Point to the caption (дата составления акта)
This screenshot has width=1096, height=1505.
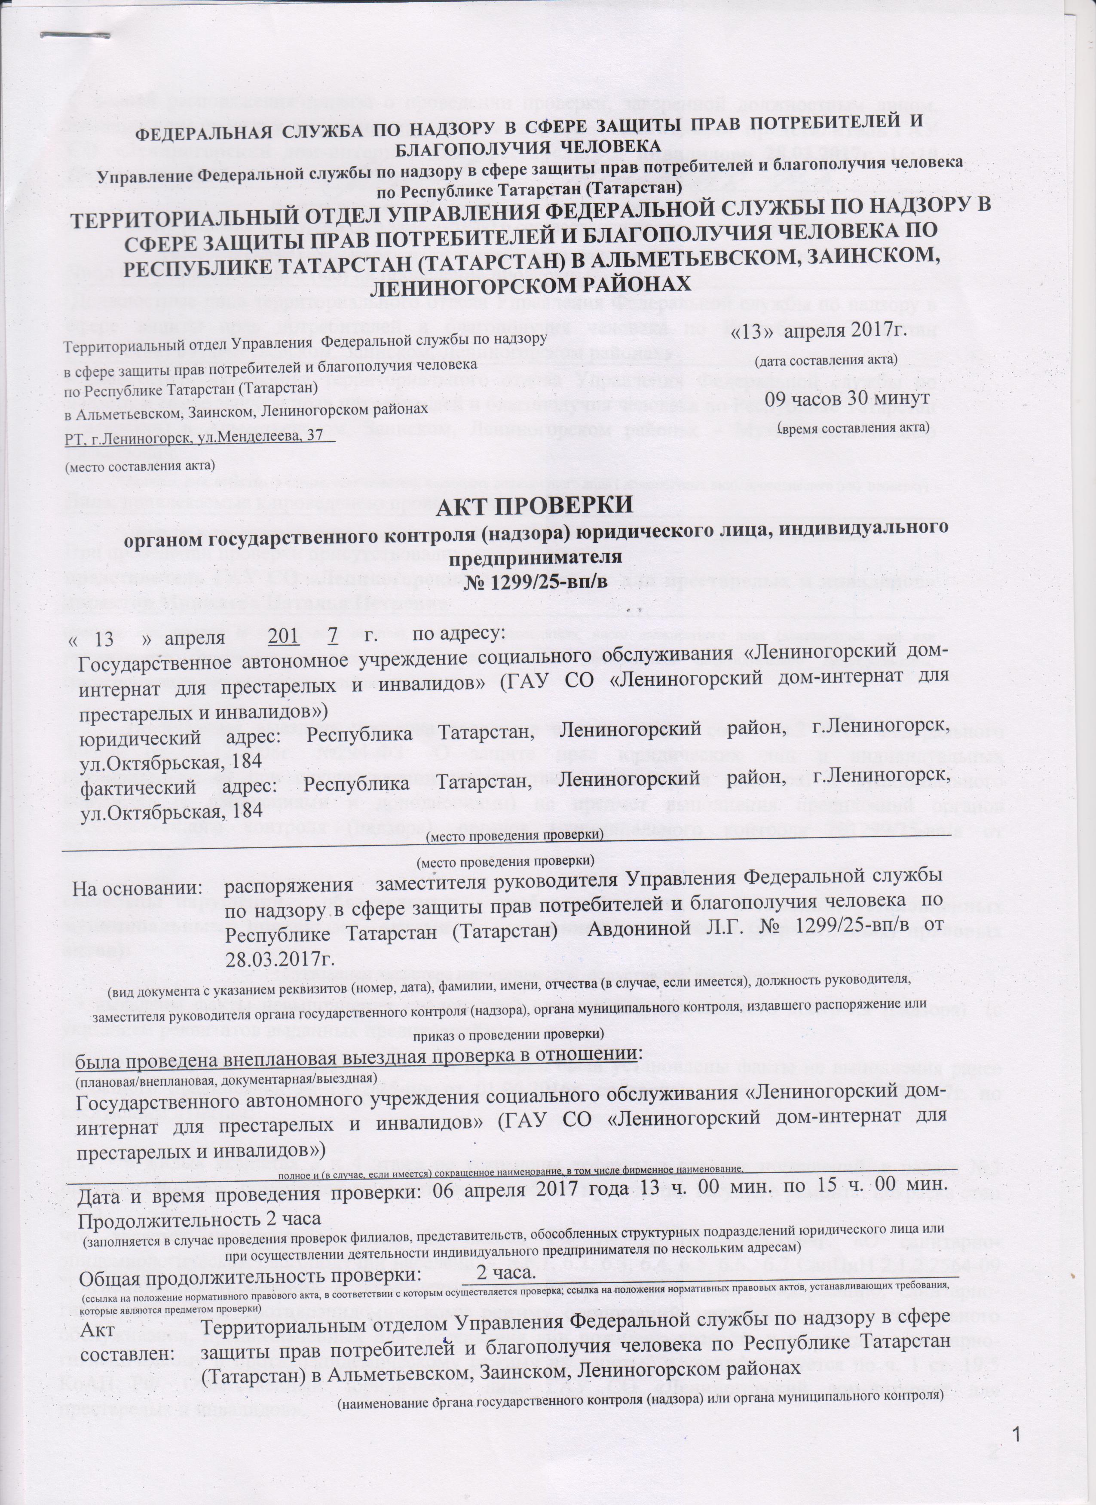click(827, 359)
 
